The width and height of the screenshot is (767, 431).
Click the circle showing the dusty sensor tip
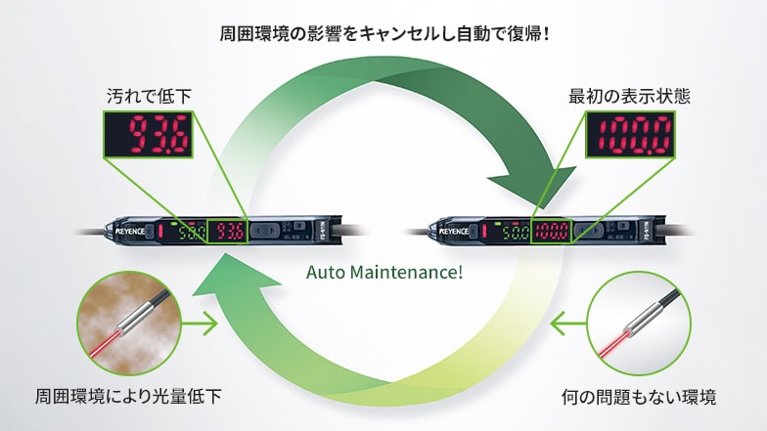coord(127,323)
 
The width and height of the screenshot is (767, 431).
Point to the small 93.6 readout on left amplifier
coord(232,233)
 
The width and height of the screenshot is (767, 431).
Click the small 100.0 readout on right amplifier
coord(551,234)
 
